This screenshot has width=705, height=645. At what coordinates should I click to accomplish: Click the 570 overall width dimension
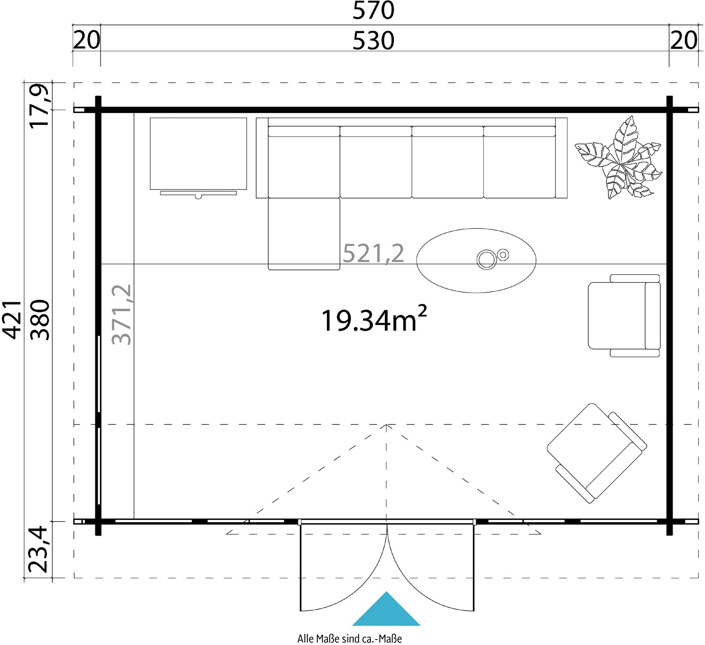(x=373, y=11)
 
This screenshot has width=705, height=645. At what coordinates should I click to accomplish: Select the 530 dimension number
(x=373, y=41)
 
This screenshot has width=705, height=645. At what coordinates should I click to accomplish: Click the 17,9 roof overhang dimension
(x=40, y=106)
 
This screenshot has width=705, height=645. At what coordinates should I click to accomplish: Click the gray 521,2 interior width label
(x=373, y=254)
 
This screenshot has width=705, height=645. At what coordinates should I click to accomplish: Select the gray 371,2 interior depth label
(x=122, y=315)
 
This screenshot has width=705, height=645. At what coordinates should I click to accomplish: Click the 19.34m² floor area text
(x=373, y=320)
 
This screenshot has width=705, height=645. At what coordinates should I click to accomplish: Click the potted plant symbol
(x=618, y=158)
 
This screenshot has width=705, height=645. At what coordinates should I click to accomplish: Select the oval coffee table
(x=476, y=260)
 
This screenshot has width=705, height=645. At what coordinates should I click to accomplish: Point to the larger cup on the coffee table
(x=486, y=259)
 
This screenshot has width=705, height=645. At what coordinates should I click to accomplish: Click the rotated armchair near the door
(x=597, y=453)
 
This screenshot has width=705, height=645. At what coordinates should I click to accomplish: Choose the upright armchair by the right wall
(x=624, y=316)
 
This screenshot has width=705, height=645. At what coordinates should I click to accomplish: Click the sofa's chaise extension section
(x=304, y=234)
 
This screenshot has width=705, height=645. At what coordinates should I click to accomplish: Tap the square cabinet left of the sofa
(x=198, y=154)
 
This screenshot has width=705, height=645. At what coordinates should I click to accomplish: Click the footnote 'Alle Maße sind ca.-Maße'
(x=350, y=638)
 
